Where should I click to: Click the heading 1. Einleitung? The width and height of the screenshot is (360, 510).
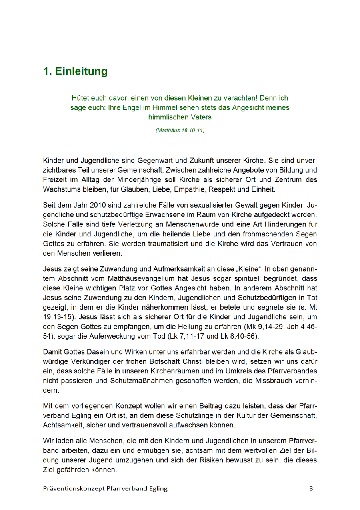tap(76, 71)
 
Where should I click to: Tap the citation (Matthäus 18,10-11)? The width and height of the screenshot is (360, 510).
tap(180, 130)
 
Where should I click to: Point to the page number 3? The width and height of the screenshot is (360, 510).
tap(311, 488)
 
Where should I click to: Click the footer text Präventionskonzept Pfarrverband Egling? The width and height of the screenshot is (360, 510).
tap(105, 488)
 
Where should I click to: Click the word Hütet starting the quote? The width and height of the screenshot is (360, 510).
tap(81, 98)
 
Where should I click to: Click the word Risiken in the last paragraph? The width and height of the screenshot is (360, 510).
tap(229, 460)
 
